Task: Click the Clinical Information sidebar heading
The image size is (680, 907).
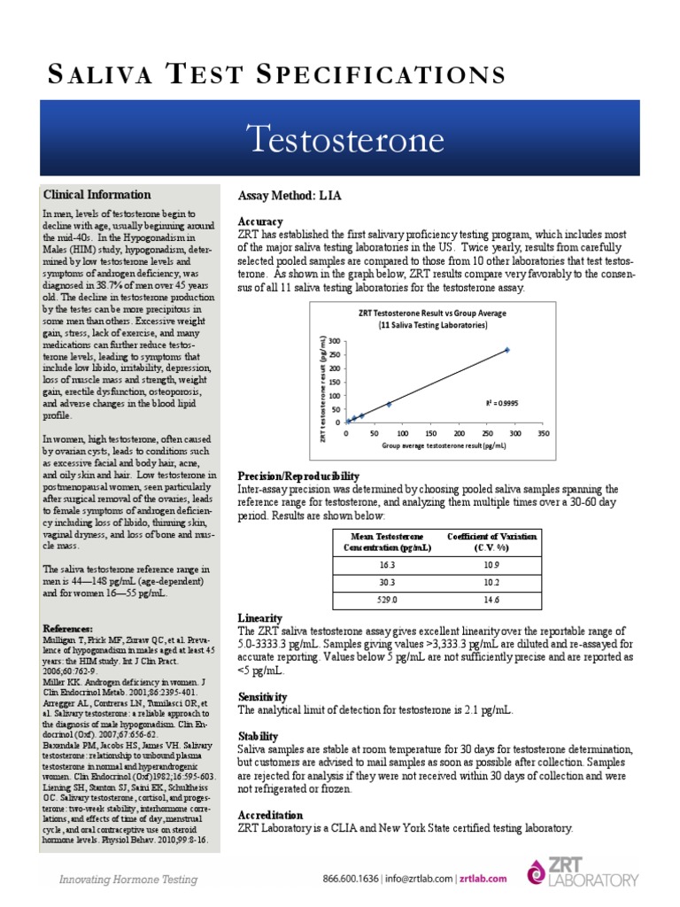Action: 97,195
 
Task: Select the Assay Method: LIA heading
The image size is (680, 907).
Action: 290,195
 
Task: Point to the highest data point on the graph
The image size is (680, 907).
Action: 507,350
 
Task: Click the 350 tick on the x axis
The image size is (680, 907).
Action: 544,434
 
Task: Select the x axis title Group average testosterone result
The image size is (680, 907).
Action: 444,446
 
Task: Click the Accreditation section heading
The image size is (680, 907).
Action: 271,815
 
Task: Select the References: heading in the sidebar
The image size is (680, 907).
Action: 67,629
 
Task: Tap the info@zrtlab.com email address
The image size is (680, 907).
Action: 421,879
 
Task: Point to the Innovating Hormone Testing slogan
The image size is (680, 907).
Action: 128,880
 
